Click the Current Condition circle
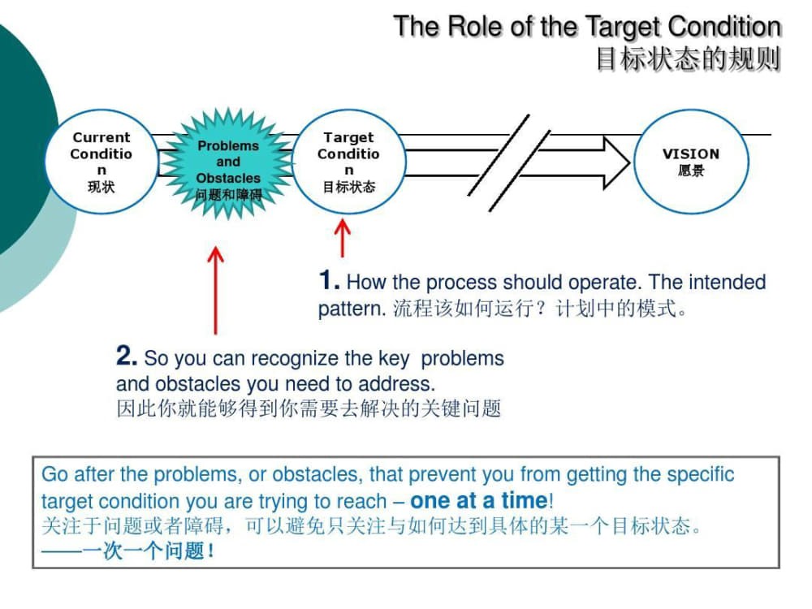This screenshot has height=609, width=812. point(101,162)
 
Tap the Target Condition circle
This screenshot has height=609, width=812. point(348,162)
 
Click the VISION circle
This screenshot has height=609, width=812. point(690,162)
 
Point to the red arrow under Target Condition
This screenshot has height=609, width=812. point(343,239)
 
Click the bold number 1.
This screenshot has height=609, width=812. point(327,281)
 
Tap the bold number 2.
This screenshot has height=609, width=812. point(125,356)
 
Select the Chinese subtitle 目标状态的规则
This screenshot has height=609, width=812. point(688,59)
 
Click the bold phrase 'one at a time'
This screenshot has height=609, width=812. point(480,500)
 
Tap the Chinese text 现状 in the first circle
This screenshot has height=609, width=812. point(101,187)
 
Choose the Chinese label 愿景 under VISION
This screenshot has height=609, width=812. point(691,171)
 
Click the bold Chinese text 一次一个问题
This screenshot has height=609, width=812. point(143,551)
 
